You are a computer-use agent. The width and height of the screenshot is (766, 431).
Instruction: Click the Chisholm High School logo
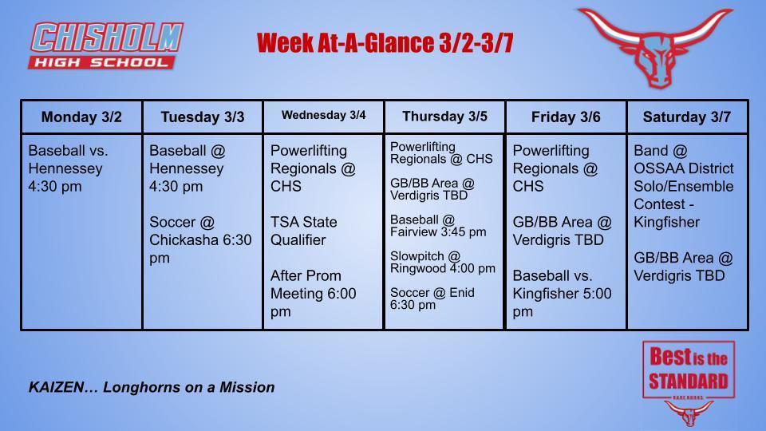coord(106,45)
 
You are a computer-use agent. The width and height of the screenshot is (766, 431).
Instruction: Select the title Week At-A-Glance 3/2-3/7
coord(385,43)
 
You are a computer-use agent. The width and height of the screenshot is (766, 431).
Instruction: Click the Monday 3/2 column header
coord(81,117)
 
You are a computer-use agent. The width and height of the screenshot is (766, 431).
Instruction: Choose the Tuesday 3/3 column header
coord(203,117)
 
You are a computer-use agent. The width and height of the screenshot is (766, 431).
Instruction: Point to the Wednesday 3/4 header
coord(323,116)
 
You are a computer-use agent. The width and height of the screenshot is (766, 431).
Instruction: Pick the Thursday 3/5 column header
coord(444,117)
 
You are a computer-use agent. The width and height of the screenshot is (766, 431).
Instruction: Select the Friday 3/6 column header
coord(566,117)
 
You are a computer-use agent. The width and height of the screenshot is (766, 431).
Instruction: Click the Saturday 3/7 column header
coord(687,117)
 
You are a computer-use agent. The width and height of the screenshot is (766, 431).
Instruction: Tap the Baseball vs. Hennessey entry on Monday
coord(68,168)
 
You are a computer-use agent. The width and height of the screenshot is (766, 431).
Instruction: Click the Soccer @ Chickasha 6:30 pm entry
coord(200,239)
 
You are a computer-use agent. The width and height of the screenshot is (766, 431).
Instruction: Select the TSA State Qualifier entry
coord(304,231)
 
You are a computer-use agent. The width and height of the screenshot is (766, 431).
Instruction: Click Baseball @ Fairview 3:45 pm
coord(437,225)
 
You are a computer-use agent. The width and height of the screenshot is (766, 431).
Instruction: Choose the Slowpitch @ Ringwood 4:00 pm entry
coord(442,262)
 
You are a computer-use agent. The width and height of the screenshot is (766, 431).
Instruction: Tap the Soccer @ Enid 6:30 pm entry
coord(432,299)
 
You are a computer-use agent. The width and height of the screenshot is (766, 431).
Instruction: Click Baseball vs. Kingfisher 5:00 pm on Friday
coord(562,293)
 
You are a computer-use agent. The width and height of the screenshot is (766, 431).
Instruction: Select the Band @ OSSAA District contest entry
coord(683,185)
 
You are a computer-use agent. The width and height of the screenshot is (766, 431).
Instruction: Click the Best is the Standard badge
coord(687,372)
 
